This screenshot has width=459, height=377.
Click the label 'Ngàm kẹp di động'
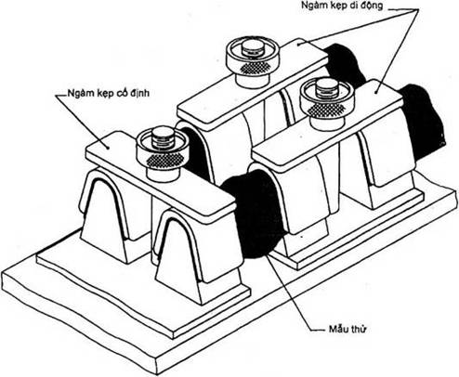(x=342, y=6)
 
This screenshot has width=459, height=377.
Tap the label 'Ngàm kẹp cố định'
(x=109, y=93)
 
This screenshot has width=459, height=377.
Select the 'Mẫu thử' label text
(x=348, y=329)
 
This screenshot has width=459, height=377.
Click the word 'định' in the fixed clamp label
(x=139, y=93)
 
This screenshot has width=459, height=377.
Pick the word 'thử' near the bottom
(x=359, y=329)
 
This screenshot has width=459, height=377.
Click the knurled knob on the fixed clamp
(x=163, y=155)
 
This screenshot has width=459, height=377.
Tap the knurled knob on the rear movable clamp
(x=253, y=62)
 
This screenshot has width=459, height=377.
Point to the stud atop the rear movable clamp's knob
(x=253, y=47)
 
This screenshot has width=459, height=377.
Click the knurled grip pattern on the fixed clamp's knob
(x=164, y=159)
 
